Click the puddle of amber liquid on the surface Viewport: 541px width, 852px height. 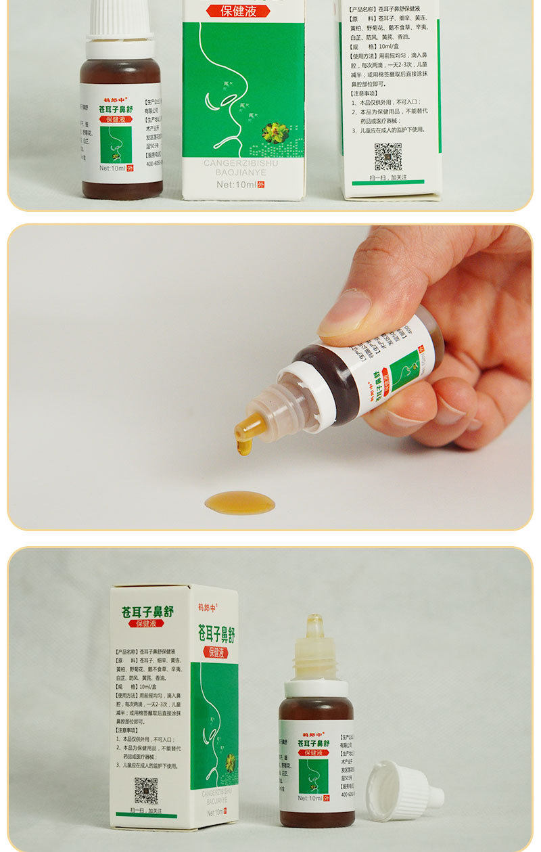240,502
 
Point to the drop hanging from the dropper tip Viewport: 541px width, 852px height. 244,446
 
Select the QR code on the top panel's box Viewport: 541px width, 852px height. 388,156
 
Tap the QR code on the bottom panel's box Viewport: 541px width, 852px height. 145,790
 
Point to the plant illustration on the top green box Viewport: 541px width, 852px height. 276,131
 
